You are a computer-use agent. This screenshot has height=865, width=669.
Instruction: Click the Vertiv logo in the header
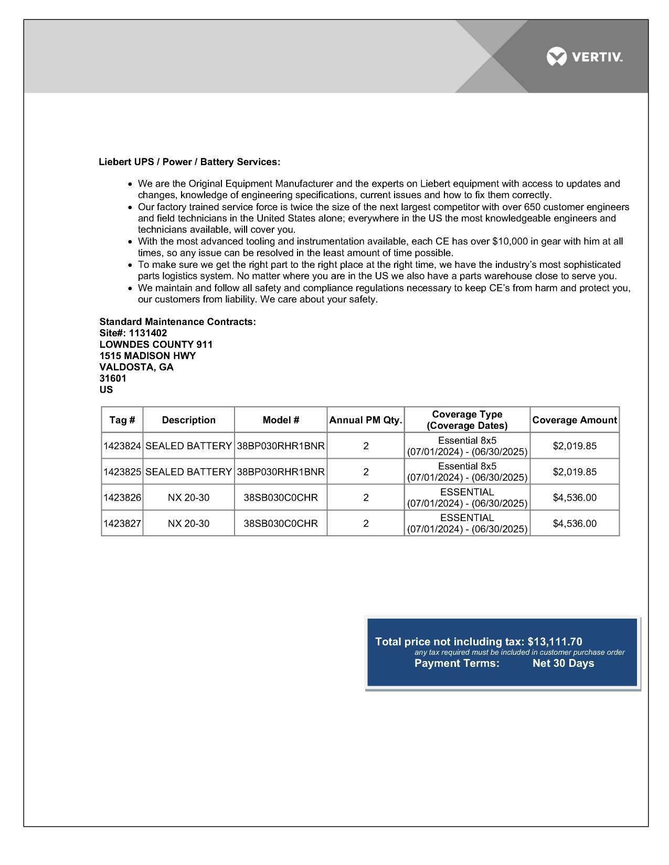(584, 57)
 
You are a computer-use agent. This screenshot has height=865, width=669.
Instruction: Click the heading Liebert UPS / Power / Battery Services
(189, 162)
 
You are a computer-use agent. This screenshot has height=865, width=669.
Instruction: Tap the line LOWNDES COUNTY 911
(156, 344)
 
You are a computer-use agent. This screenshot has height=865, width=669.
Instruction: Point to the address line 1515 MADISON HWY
(147, 356)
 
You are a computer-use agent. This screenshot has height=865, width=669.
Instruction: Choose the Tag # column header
(122, 420)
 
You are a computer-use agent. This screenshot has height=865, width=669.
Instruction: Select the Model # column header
(281, 420)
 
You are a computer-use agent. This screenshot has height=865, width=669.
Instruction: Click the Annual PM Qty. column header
(366, 420)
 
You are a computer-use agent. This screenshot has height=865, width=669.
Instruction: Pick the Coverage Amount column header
(575, 420)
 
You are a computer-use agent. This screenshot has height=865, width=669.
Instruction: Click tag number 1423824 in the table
(122, 446)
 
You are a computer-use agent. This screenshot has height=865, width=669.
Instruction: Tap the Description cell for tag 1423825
(188, 472)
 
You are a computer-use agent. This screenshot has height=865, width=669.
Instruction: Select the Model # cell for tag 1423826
(281, 498)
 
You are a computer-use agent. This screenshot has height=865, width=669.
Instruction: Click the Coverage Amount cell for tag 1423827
(575, 523)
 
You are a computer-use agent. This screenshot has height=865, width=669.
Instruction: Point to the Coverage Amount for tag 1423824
(575, 446)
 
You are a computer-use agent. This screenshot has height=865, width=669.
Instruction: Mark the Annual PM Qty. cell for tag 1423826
(366, 498)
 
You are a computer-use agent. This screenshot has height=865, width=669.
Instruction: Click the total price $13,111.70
(555, 642)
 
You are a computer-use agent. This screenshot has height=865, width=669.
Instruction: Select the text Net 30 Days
(563, 663)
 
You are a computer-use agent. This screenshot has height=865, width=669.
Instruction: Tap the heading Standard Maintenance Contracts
(177, 322)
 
